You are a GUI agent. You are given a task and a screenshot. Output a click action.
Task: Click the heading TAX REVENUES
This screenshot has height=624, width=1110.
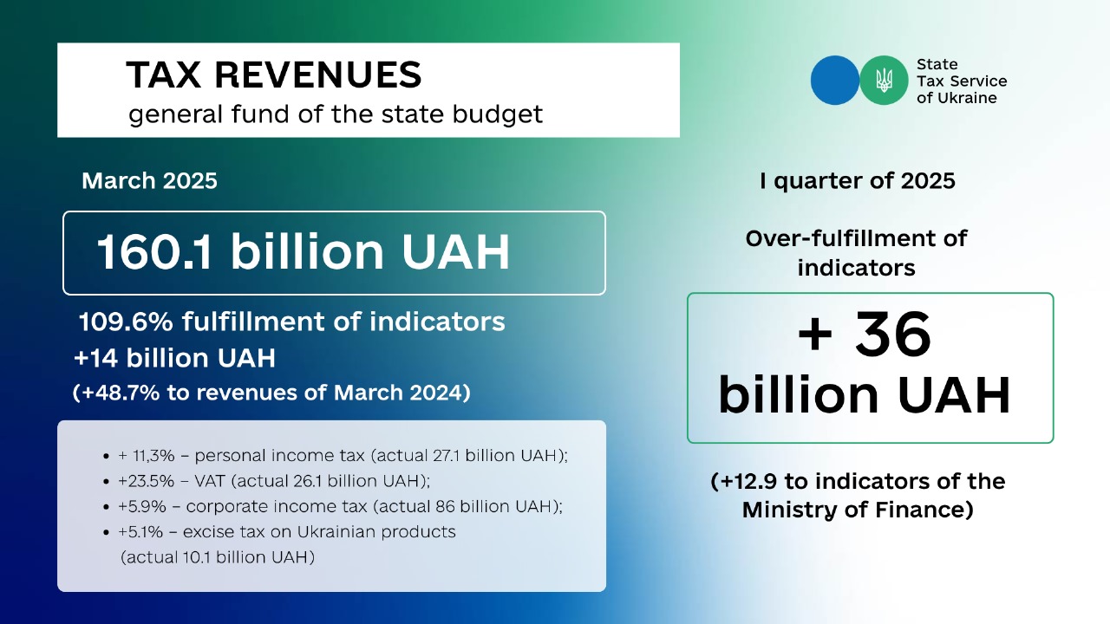coord(273,75)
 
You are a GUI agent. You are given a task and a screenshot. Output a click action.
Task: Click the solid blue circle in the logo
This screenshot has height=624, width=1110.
coord(835,81)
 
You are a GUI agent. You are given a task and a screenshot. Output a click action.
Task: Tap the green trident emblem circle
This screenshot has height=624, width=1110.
coord(884,81)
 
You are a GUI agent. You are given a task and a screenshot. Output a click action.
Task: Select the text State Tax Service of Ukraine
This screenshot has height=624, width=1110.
coord(962,81)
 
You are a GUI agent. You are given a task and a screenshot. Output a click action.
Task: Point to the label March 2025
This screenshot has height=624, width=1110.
coord(149,181)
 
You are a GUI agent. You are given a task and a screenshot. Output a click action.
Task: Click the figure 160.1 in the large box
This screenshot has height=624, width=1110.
coord(154,252)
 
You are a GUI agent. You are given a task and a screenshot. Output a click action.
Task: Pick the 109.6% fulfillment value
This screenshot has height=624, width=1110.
coord(126,322)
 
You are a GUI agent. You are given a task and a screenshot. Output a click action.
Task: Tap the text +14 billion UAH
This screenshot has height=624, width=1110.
coord(174,358)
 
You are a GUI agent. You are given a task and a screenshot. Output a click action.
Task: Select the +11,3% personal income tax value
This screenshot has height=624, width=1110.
coord(147,456)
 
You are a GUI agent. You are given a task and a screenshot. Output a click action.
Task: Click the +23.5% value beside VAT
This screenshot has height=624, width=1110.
coord(147,481)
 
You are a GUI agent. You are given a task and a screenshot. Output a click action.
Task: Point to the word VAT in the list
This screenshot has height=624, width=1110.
coord(210,481)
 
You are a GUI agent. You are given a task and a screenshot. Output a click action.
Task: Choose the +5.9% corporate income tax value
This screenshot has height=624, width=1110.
coord(141,507)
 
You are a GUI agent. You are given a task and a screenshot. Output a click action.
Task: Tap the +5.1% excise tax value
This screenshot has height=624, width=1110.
coord(140,532)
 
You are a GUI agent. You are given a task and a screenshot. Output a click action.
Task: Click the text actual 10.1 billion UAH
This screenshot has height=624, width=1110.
coord(218,557)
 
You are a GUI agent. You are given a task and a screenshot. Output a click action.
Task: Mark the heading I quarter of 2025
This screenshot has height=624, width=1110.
coord(858,181)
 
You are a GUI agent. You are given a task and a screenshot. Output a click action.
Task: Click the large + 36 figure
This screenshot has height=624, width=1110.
coord(865,335)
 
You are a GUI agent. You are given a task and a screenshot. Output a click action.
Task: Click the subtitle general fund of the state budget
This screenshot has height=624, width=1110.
coord(336,114)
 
